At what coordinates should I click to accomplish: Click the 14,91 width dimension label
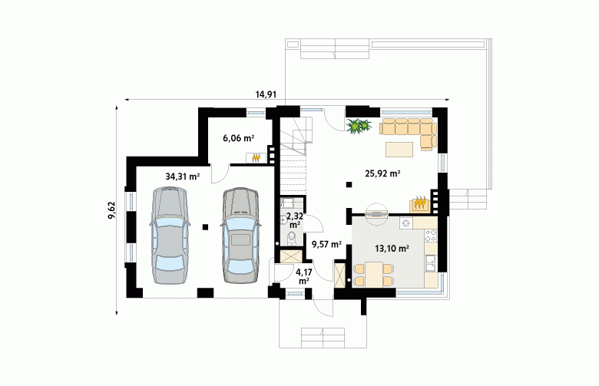(266, 94)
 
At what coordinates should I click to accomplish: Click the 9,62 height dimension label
(112, 210)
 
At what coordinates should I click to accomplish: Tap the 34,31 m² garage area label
(183, 177)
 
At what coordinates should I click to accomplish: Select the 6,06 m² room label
(238, 138)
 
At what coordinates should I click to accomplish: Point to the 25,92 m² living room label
(382, 173)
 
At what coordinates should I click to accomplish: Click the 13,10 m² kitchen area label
(392, 249)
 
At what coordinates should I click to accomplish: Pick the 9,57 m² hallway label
(326, 244)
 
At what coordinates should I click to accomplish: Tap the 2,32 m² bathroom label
(295, 220)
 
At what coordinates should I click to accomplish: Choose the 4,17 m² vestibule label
(303, 276)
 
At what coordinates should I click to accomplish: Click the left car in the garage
(170, 236)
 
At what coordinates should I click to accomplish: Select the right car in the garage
(240, 236)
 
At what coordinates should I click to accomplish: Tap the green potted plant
(359, 126)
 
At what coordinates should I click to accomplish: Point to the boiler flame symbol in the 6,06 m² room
(256, 157)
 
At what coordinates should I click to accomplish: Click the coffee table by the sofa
(399, 150)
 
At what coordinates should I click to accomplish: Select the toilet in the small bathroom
(293, 237)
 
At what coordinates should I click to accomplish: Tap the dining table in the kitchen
(374, 275)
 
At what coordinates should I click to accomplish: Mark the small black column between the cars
(206, 227)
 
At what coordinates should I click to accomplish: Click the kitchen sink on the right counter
(431, 261)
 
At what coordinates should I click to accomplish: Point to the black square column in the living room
(349, 185)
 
